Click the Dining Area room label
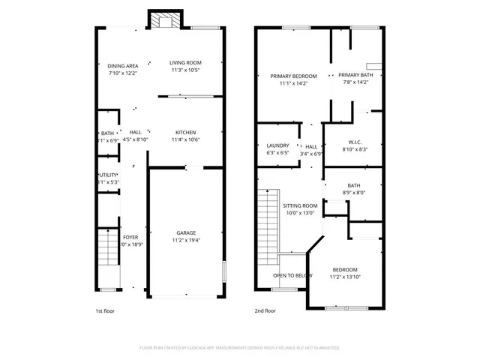pos(122,66)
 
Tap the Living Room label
pos(184,63)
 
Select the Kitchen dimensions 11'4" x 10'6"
pos(185,139)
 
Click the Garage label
pos(186,232)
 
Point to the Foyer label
pos(130,237)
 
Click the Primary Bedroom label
pos(293,76)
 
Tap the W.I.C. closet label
pos(355,142)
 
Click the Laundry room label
pos(277,145)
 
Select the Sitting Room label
pos(300,205)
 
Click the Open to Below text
pos(292,275)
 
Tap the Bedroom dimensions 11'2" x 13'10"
pos(345,277)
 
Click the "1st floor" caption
pos(105,310)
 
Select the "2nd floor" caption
pos(265,310)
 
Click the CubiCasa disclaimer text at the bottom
pos(240,348)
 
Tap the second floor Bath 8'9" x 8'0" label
pos(354,193)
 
